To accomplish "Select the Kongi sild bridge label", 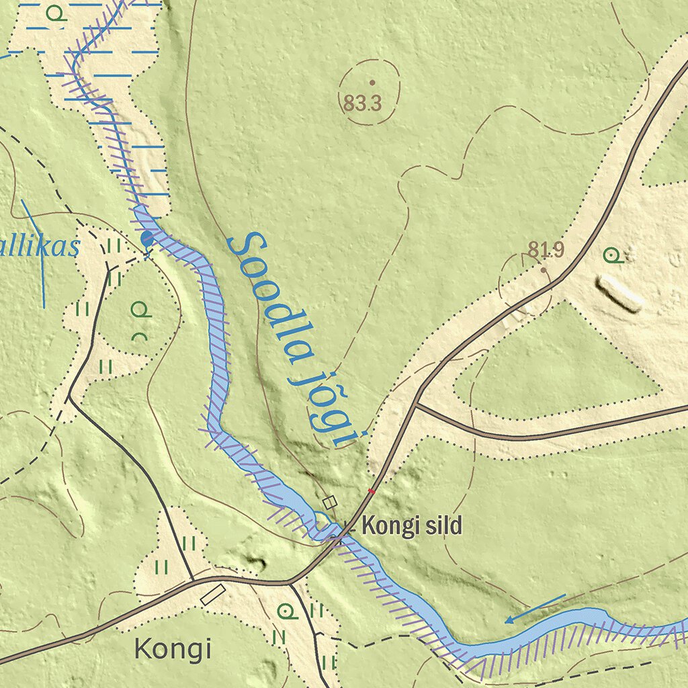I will pos(412,526).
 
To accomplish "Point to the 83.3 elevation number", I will pos(363,103).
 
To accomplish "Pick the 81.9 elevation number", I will pos(546,251).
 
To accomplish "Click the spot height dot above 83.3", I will pos(372,83).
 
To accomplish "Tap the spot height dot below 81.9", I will pos(544,269).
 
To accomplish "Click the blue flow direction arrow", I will pos(535,609).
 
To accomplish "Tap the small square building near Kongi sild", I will pos(329,502).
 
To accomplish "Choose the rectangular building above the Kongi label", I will pos(213,595).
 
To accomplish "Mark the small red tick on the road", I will pos(372,492).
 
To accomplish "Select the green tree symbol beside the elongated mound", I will pos(611,255).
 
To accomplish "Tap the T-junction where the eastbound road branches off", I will pos(416,404).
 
